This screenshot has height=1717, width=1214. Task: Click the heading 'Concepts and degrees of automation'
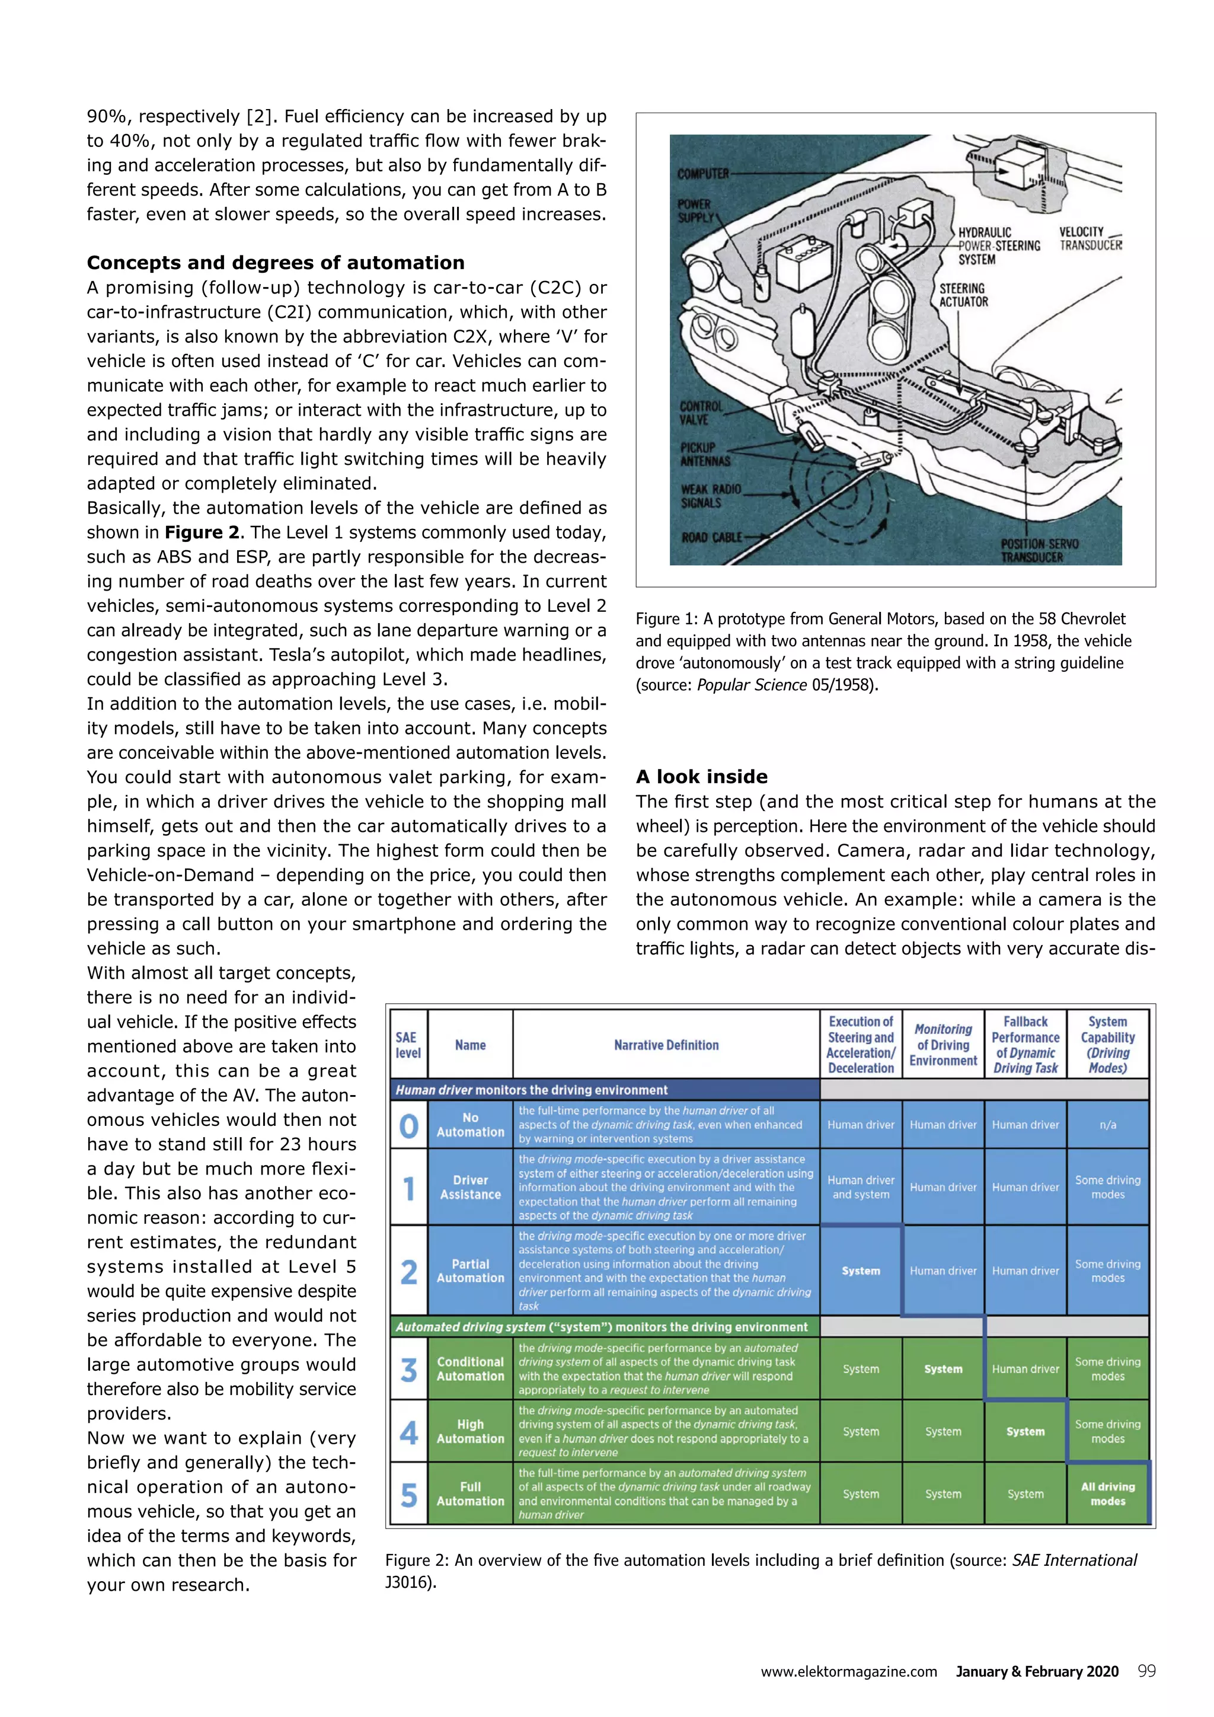click(275, 263)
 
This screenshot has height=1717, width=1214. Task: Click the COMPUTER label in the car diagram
click(702, 174)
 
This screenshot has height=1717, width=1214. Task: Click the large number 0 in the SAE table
click(408, 1125)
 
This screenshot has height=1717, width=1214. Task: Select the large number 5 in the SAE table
click(408, 1493)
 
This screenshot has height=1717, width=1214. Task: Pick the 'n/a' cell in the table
click(1107, 1125)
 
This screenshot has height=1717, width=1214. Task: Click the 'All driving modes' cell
click(1107, 1493)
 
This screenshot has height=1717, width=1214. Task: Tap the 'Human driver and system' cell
click(861, 1187)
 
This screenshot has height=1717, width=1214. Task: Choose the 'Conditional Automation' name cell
click(470, 1368)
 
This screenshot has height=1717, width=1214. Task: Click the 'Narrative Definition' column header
click(666, 1045)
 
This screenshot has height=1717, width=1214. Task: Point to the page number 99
click(1146, 1671)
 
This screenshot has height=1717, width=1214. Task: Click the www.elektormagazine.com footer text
click(848, 1672)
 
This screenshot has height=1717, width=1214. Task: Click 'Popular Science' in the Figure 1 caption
click(751, 684)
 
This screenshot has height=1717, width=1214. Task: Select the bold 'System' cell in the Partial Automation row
click(861, 1271)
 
